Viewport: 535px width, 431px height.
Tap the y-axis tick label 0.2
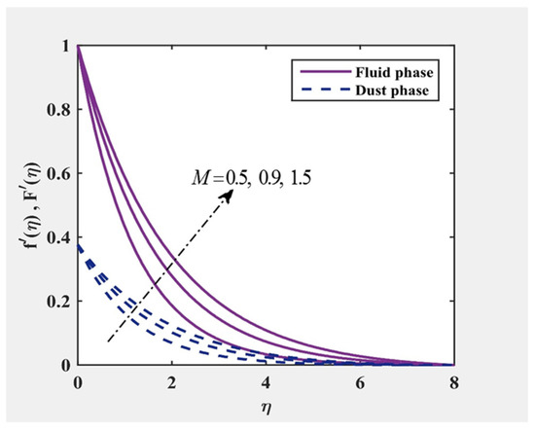coord(57,303)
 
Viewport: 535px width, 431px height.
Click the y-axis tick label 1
coord(65,46)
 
